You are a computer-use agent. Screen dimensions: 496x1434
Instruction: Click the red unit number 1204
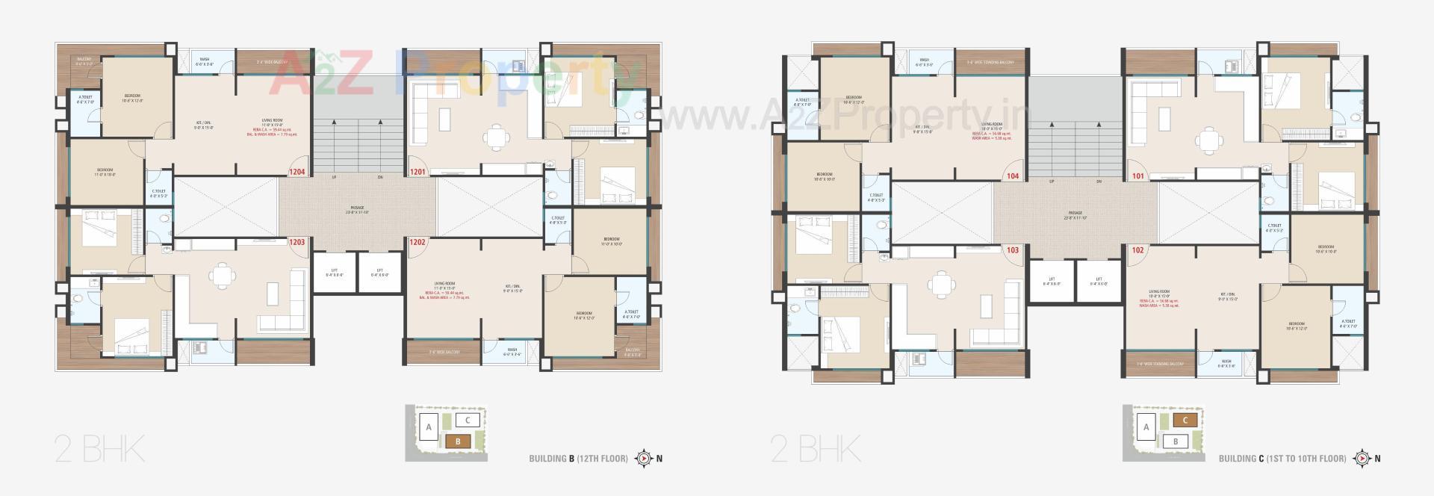[297, 173]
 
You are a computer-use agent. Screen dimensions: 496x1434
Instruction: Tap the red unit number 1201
[418, 173]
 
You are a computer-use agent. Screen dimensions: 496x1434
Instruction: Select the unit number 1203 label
[297, 242]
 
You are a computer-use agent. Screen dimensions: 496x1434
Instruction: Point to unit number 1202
[418, 242]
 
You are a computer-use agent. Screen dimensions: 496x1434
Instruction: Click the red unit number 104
[1013, 177]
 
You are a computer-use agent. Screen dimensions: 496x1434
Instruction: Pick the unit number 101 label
[1137, 177]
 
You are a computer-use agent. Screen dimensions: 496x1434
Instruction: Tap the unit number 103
[1013, 250]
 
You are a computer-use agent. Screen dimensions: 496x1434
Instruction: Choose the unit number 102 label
[1137, 250]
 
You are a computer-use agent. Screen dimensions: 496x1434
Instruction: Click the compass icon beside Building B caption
[642, 459]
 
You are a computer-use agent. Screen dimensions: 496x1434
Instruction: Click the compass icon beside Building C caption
[1362, 459]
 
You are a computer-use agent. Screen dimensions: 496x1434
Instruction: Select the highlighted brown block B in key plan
[458, 441]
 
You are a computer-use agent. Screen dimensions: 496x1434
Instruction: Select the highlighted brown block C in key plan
[1185, 421]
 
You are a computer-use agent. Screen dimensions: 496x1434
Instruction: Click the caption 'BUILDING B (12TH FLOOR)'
[578, 459]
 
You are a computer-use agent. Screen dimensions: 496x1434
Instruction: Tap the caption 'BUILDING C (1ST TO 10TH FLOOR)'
[1282, 459]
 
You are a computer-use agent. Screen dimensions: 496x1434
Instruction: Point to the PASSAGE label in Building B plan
[358, 208]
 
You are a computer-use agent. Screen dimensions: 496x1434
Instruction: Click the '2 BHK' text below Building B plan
[99, 451]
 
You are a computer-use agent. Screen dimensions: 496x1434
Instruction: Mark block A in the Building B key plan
[429, 428]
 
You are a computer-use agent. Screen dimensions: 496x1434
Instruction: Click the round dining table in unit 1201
[494, 137]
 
